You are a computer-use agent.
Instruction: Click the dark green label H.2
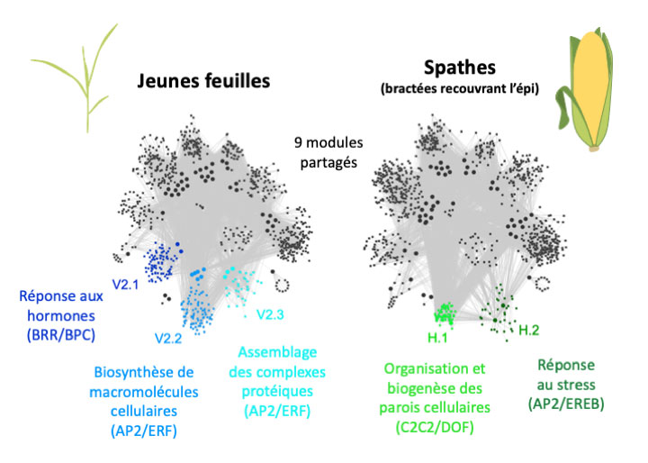(x=530, y=331)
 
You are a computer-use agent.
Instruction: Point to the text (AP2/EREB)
(x=566, y=404)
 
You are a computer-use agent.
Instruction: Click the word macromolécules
(x=138, y=391)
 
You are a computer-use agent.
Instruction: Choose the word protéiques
(x=279, y=391)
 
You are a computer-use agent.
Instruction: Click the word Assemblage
(x=279, y=352)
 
